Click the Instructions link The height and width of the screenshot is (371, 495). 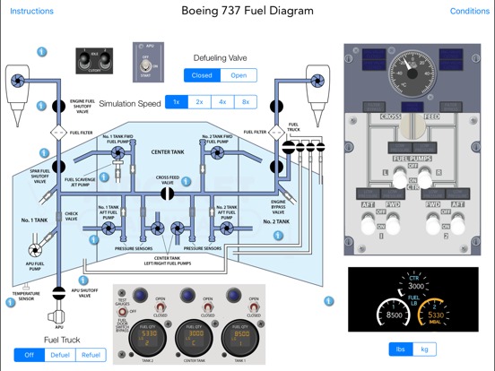(x=31, y=12)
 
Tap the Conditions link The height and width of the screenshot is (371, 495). (x=469, y=12)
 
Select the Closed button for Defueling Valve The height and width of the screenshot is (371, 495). (x=202, y=75)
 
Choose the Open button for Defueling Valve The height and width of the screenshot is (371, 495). (x=239, y=75)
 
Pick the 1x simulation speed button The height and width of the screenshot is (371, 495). (x=177, y=102)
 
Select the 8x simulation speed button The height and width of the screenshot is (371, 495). (x=246, y=102)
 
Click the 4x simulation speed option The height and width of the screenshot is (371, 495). (x=222, y=102)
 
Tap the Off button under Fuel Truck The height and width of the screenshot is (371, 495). (x=30, y=355)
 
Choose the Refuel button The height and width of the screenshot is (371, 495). (x=91, y=355)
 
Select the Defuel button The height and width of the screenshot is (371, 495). (x=60, y=355)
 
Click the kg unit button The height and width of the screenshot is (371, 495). (x=424, y=349)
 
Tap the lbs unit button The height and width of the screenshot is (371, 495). (x=399, y=349)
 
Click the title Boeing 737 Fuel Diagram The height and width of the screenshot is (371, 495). (x=247, y=12)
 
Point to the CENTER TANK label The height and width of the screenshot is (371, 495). (x=168, y=152)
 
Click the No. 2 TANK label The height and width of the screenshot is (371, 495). (x=275, y=220)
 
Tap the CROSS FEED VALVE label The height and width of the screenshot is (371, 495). (x=168, y=179)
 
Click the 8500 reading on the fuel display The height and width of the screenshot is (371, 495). (x=394, y=315)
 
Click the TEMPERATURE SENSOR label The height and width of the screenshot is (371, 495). (x=26, y=295)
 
